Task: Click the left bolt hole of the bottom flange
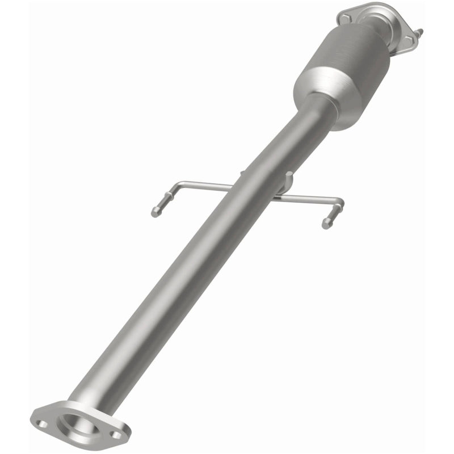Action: (41, 423)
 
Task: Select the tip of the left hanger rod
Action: (155, 213)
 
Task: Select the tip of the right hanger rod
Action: (326, 225)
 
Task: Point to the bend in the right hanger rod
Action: (340, 202)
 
